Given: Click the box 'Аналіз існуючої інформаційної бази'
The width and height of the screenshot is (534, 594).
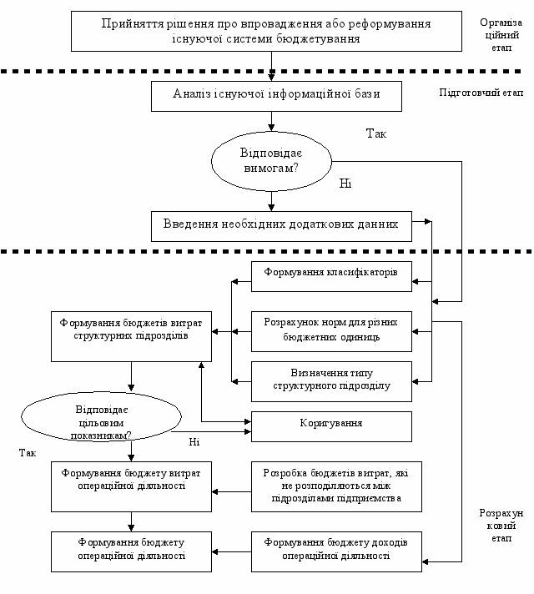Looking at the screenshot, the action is coord(276,96).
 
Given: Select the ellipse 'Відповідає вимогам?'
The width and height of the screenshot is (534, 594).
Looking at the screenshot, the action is coord(271,161).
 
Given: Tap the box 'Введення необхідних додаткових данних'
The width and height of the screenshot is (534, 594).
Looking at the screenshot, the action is coord(281,227).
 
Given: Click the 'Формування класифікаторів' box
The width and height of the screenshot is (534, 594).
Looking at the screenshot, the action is coord(331,276).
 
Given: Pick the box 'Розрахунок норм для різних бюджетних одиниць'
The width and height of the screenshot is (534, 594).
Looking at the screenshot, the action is coord(331,331).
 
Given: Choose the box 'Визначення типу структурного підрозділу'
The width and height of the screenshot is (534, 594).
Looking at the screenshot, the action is coord(331,381).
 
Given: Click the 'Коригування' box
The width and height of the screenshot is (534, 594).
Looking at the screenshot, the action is coord(331,426).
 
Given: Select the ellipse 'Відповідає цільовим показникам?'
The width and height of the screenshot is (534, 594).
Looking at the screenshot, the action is coord(101,416).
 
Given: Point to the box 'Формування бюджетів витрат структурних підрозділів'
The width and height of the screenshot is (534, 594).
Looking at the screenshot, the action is coord(132,336).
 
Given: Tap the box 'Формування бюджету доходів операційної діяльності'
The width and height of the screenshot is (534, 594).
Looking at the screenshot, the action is coord(336,551).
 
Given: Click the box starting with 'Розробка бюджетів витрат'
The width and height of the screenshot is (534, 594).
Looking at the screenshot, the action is coord(336,486).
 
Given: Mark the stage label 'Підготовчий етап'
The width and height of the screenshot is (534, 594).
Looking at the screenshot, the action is coord(481,93).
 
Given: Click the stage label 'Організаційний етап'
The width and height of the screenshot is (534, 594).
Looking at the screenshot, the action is coord(501,35).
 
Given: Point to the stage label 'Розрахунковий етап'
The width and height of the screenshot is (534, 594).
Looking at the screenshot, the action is coord(501,526).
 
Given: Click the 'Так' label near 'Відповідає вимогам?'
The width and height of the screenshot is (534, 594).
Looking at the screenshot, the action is coord(376,133).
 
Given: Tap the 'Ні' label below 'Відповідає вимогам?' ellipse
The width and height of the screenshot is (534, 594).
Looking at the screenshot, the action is coord(345,184).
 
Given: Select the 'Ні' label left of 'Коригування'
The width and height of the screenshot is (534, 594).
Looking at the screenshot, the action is coord(194,442).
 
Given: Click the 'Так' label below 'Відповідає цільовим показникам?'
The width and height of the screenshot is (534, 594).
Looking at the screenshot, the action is coord(28,453).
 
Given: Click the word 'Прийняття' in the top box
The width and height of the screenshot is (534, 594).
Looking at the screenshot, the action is coord(133,24).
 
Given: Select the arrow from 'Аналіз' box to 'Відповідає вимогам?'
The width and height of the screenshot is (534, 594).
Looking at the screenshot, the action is coord(271,122).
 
